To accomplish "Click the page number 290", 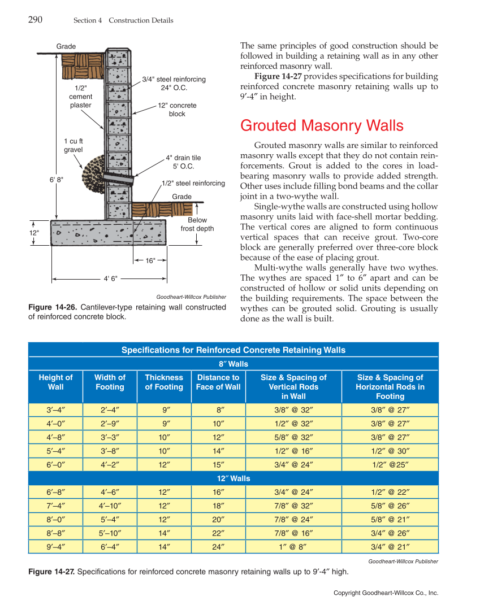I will click(x=35, y=20).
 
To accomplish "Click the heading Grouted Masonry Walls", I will click(x=322, y=125).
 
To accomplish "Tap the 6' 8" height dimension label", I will click(x=57, y=180).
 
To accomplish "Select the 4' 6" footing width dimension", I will click(x=111, y=278).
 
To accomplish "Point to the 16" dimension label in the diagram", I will click(x=150, y=260).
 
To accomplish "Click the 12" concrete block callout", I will click(x=177, y=110).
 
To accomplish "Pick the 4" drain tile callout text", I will click(x=183, y=162).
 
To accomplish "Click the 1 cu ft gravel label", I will click(x=73, y=145).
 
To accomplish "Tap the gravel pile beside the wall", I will click(x=92, y=171).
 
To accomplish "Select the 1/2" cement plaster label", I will click(x=80, y=97).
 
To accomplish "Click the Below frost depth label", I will click(x=197, y=224).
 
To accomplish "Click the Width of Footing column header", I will click(x=110, y=382).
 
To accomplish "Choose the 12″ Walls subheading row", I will click(x=233, y=478).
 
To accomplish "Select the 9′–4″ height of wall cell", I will click(x=55, y=546).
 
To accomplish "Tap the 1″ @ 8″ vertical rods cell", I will click(x=293, y=546).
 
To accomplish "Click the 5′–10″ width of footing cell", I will click(x=110, y=533).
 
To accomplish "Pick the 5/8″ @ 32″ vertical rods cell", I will click(x=293, y=437).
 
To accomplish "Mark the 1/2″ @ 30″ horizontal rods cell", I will click(x=390, y=451).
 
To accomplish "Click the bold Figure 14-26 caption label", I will click(x=53, y=307).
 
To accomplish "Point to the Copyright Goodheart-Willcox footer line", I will click(x=386, y=593).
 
